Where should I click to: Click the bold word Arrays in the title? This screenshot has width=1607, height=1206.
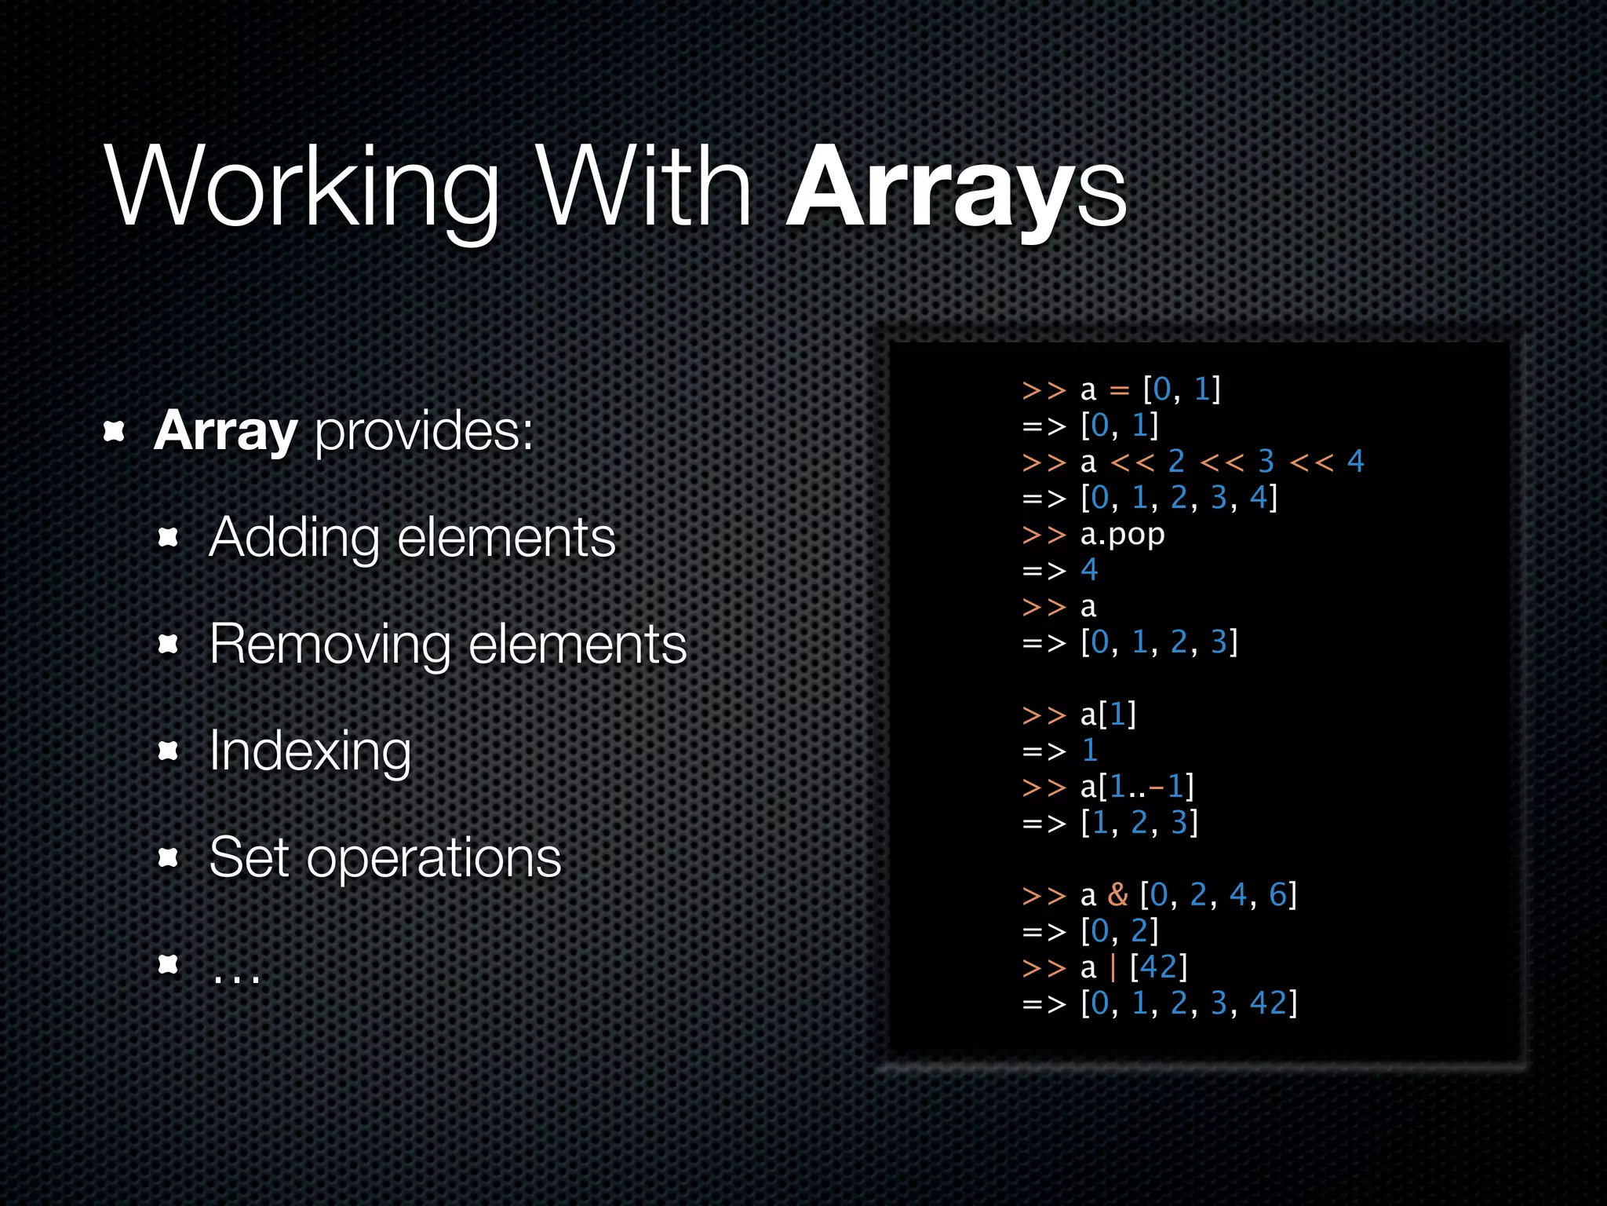coord(956,188)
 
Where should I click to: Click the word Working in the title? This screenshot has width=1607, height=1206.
coord(302,188)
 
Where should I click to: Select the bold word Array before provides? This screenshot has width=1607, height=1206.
coord(225,431)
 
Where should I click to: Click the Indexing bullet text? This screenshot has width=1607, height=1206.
coord(310,752)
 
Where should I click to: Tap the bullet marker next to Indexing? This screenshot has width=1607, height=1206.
coord(168,751)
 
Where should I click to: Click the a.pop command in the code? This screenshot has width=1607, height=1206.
coord(1122,535)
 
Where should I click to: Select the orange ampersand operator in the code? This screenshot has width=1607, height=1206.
coord(1117,895)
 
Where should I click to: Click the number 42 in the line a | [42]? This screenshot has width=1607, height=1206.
coord(1158,967)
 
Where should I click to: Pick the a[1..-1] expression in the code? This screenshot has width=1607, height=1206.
coord(1137,787)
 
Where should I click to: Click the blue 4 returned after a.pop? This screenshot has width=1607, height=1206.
coord(1089,570)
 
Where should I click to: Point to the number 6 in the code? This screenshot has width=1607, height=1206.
coord(1277,895)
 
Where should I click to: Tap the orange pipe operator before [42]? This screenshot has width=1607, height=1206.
coord(1113,967)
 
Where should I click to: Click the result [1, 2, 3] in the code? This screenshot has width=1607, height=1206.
coord(1139,823)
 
